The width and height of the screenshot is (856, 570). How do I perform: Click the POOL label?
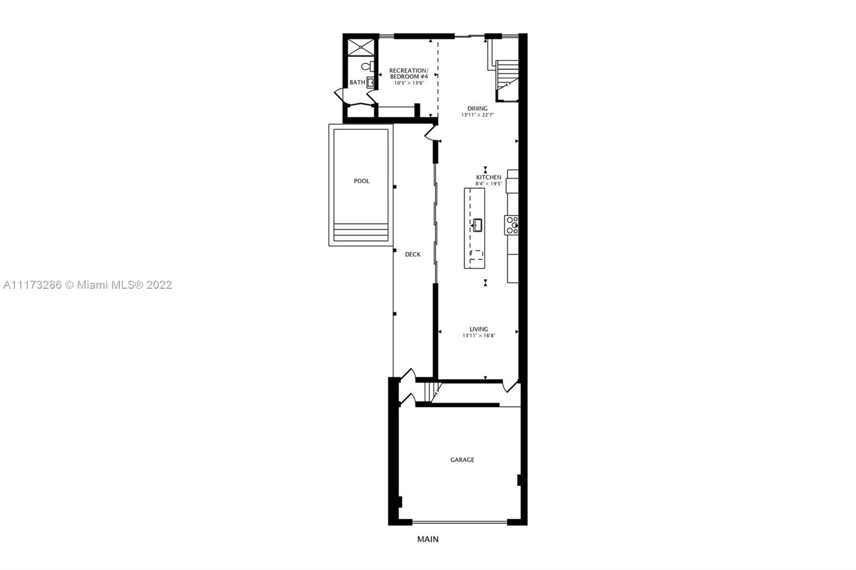click(362, 181)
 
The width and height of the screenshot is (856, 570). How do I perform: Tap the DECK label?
click(412, 255)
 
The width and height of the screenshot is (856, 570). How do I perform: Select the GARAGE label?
click(462, 460)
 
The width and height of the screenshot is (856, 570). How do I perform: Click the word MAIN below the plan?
click(428, 539)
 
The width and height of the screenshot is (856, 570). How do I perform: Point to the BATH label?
click(357, 82)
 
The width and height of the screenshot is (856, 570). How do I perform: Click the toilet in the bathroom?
click(368, 66)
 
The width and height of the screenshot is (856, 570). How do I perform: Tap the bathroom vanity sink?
click(370, 82)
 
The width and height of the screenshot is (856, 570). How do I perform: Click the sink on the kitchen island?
click(477, 225)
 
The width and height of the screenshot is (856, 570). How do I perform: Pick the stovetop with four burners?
click(511, 225)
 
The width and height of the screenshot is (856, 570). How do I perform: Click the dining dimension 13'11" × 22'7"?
click(478, 115)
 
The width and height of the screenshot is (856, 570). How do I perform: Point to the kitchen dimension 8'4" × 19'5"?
click(489, 184)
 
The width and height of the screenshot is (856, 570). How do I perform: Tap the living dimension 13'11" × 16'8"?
click(479, 336)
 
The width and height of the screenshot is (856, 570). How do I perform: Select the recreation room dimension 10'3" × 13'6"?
click(409, 83)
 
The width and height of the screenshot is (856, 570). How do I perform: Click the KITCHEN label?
click(489, 178)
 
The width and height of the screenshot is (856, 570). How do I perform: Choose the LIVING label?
click(479, 329)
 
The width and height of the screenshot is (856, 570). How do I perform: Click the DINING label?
click(478, 109)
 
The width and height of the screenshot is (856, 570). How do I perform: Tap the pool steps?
click(361, 233)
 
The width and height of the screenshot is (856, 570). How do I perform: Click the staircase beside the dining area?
click(507, 80)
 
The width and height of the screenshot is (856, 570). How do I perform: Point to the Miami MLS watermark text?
click(88, 285)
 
